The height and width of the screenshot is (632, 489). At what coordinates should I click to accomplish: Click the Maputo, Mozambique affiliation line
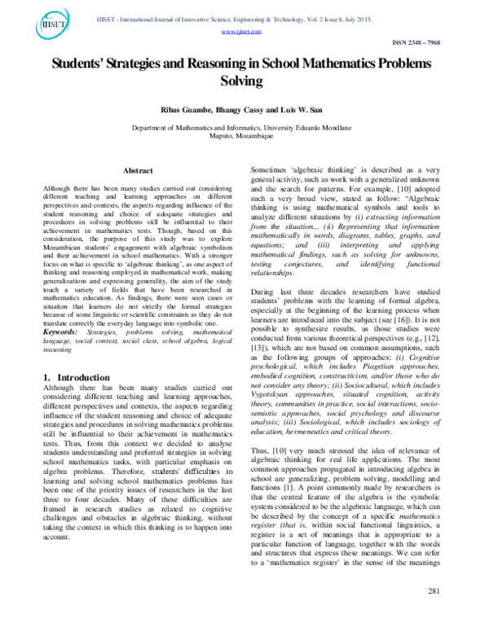pos(244,135)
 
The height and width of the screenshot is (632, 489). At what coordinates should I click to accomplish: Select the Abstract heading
pos(137,171)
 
